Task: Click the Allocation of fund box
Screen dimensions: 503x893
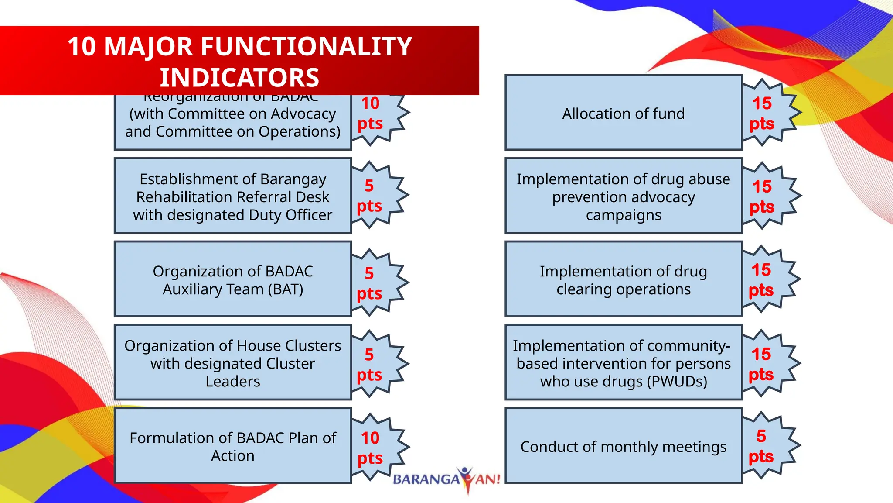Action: point(624,113)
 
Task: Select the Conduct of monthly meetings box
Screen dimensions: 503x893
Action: point(624,446)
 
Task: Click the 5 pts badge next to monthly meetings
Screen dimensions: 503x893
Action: point(769,446)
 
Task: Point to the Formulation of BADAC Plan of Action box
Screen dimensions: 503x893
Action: point(233,446)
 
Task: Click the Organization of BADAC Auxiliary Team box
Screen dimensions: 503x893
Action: point(233,279)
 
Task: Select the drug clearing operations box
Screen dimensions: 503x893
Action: point(624,279)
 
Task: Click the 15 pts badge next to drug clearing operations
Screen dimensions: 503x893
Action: point(769,279)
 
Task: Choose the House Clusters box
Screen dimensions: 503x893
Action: point(233,363)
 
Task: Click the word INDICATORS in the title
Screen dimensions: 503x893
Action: point(239,77)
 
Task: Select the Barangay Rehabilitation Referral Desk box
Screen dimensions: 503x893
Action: point(233,196)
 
